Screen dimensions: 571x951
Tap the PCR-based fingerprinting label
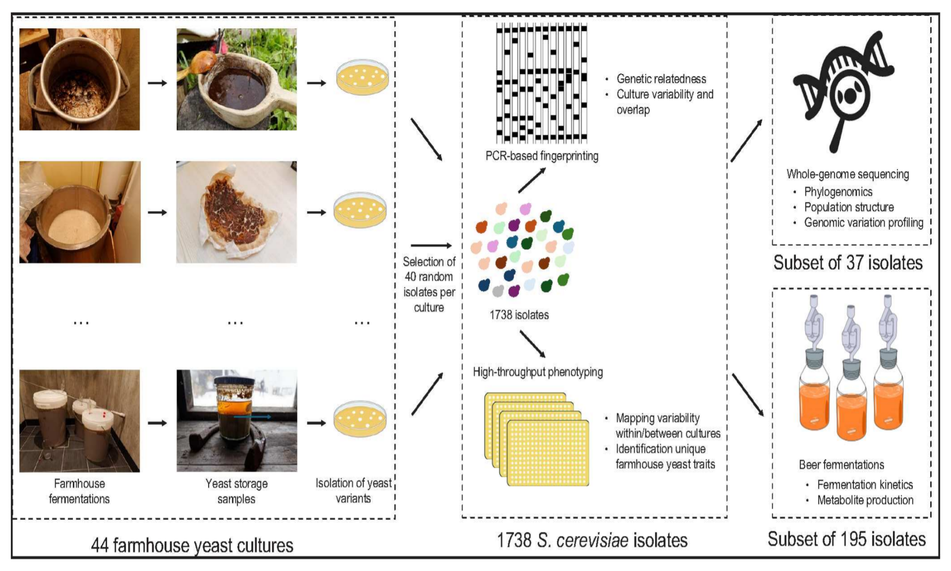pyautogui.click(x=541, y=156)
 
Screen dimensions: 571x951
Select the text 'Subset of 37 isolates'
pyautogui.click(x=847, y=263)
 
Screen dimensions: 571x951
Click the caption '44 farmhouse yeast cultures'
pyautogui.click(x=192, y=545)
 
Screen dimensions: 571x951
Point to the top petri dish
pyautogui.click(x=363, y=77)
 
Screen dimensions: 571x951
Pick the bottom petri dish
pyautogui.click(x=360, y=419)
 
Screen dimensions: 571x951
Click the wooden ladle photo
pyautogui.click(x=237, y=79)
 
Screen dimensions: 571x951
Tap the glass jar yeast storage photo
pyautogui.click(x=237, y=420)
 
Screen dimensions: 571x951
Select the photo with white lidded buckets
pyautogui.click(x=79, y=420)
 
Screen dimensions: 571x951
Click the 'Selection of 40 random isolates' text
pyautogui.click(x=429, y=284)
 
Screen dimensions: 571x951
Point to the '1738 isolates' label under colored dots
pyautogui.click(x=519, y=315)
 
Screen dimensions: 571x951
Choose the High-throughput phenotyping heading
pyautogui.click(x=537, y=372)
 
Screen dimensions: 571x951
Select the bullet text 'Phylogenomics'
pyautogui.click(x=838, y=192)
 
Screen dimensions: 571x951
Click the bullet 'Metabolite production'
pyautogui.click(x=865, y=500)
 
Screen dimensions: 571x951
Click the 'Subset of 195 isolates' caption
pyautogui.click(x=846, y=539)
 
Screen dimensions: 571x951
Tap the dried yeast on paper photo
pyautogui.click(x=237, y=212)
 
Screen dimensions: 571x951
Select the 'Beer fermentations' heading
pyautogui.click(x=841, y=465)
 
